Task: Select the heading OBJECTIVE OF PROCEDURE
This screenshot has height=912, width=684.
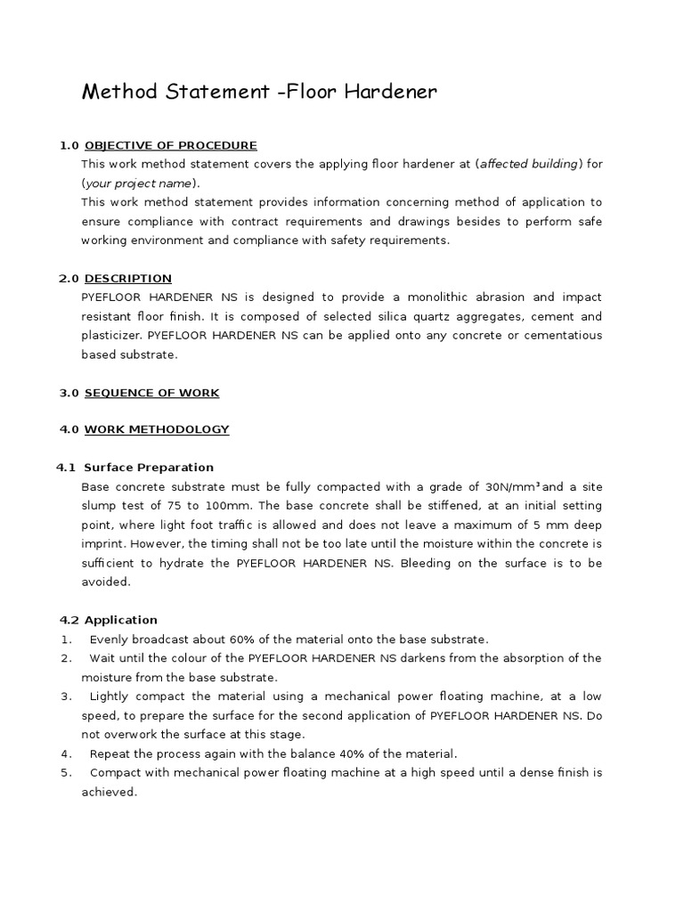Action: [170, 145]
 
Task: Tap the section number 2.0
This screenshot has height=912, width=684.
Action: [69, 279]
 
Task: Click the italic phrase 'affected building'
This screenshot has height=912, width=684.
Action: [530, 164]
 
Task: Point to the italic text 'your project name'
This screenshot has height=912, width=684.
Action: [138, 183]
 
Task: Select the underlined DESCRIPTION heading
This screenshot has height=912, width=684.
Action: [128, 279]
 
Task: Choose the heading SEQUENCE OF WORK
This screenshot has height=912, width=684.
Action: [151, 393]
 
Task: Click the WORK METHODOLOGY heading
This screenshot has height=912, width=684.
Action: [157, 429]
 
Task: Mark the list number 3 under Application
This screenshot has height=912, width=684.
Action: [66, 696]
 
